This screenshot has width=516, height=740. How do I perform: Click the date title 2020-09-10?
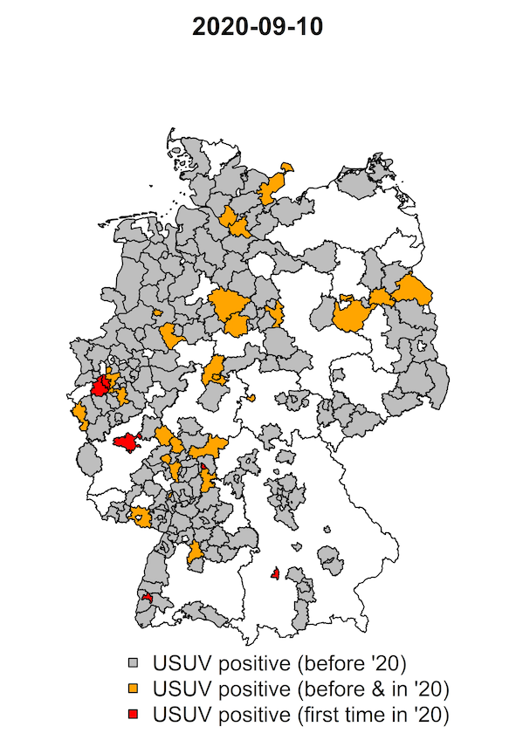click(258, 27)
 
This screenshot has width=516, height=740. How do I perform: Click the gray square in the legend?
click(134, 659)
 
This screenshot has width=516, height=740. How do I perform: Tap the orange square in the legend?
click(134, 688)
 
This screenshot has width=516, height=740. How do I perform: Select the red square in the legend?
click(134, 716)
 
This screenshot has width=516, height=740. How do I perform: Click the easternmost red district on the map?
click(275, 573)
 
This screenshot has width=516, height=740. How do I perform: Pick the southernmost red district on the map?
click(147, 598)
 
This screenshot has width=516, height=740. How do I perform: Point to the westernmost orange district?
click(80, 415)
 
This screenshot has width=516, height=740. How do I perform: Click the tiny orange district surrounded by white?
click(251, 398)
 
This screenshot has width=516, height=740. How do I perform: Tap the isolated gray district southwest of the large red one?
click(88, 459)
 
